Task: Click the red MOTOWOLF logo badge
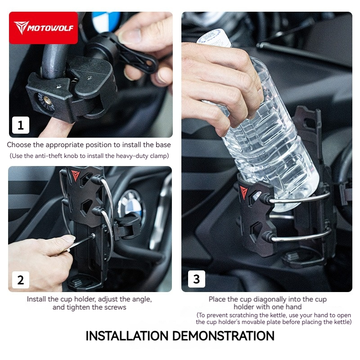click(x=43, y=28)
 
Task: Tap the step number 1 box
click(x=21, y=125)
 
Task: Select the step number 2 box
click(x=21, y=280)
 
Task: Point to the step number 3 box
click(x=197, y=279)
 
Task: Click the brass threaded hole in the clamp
click(x=48, y=100)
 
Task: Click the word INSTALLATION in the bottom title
click(x=127, y=336)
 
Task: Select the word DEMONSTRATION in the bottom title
click(x=223, y=336)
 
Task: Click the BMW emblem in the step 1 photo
click(x=106, y=21)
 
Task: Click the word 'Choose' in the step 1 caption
click(x=19, y=145)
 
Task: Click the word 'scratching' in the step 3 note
click(x=235, y=315)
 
